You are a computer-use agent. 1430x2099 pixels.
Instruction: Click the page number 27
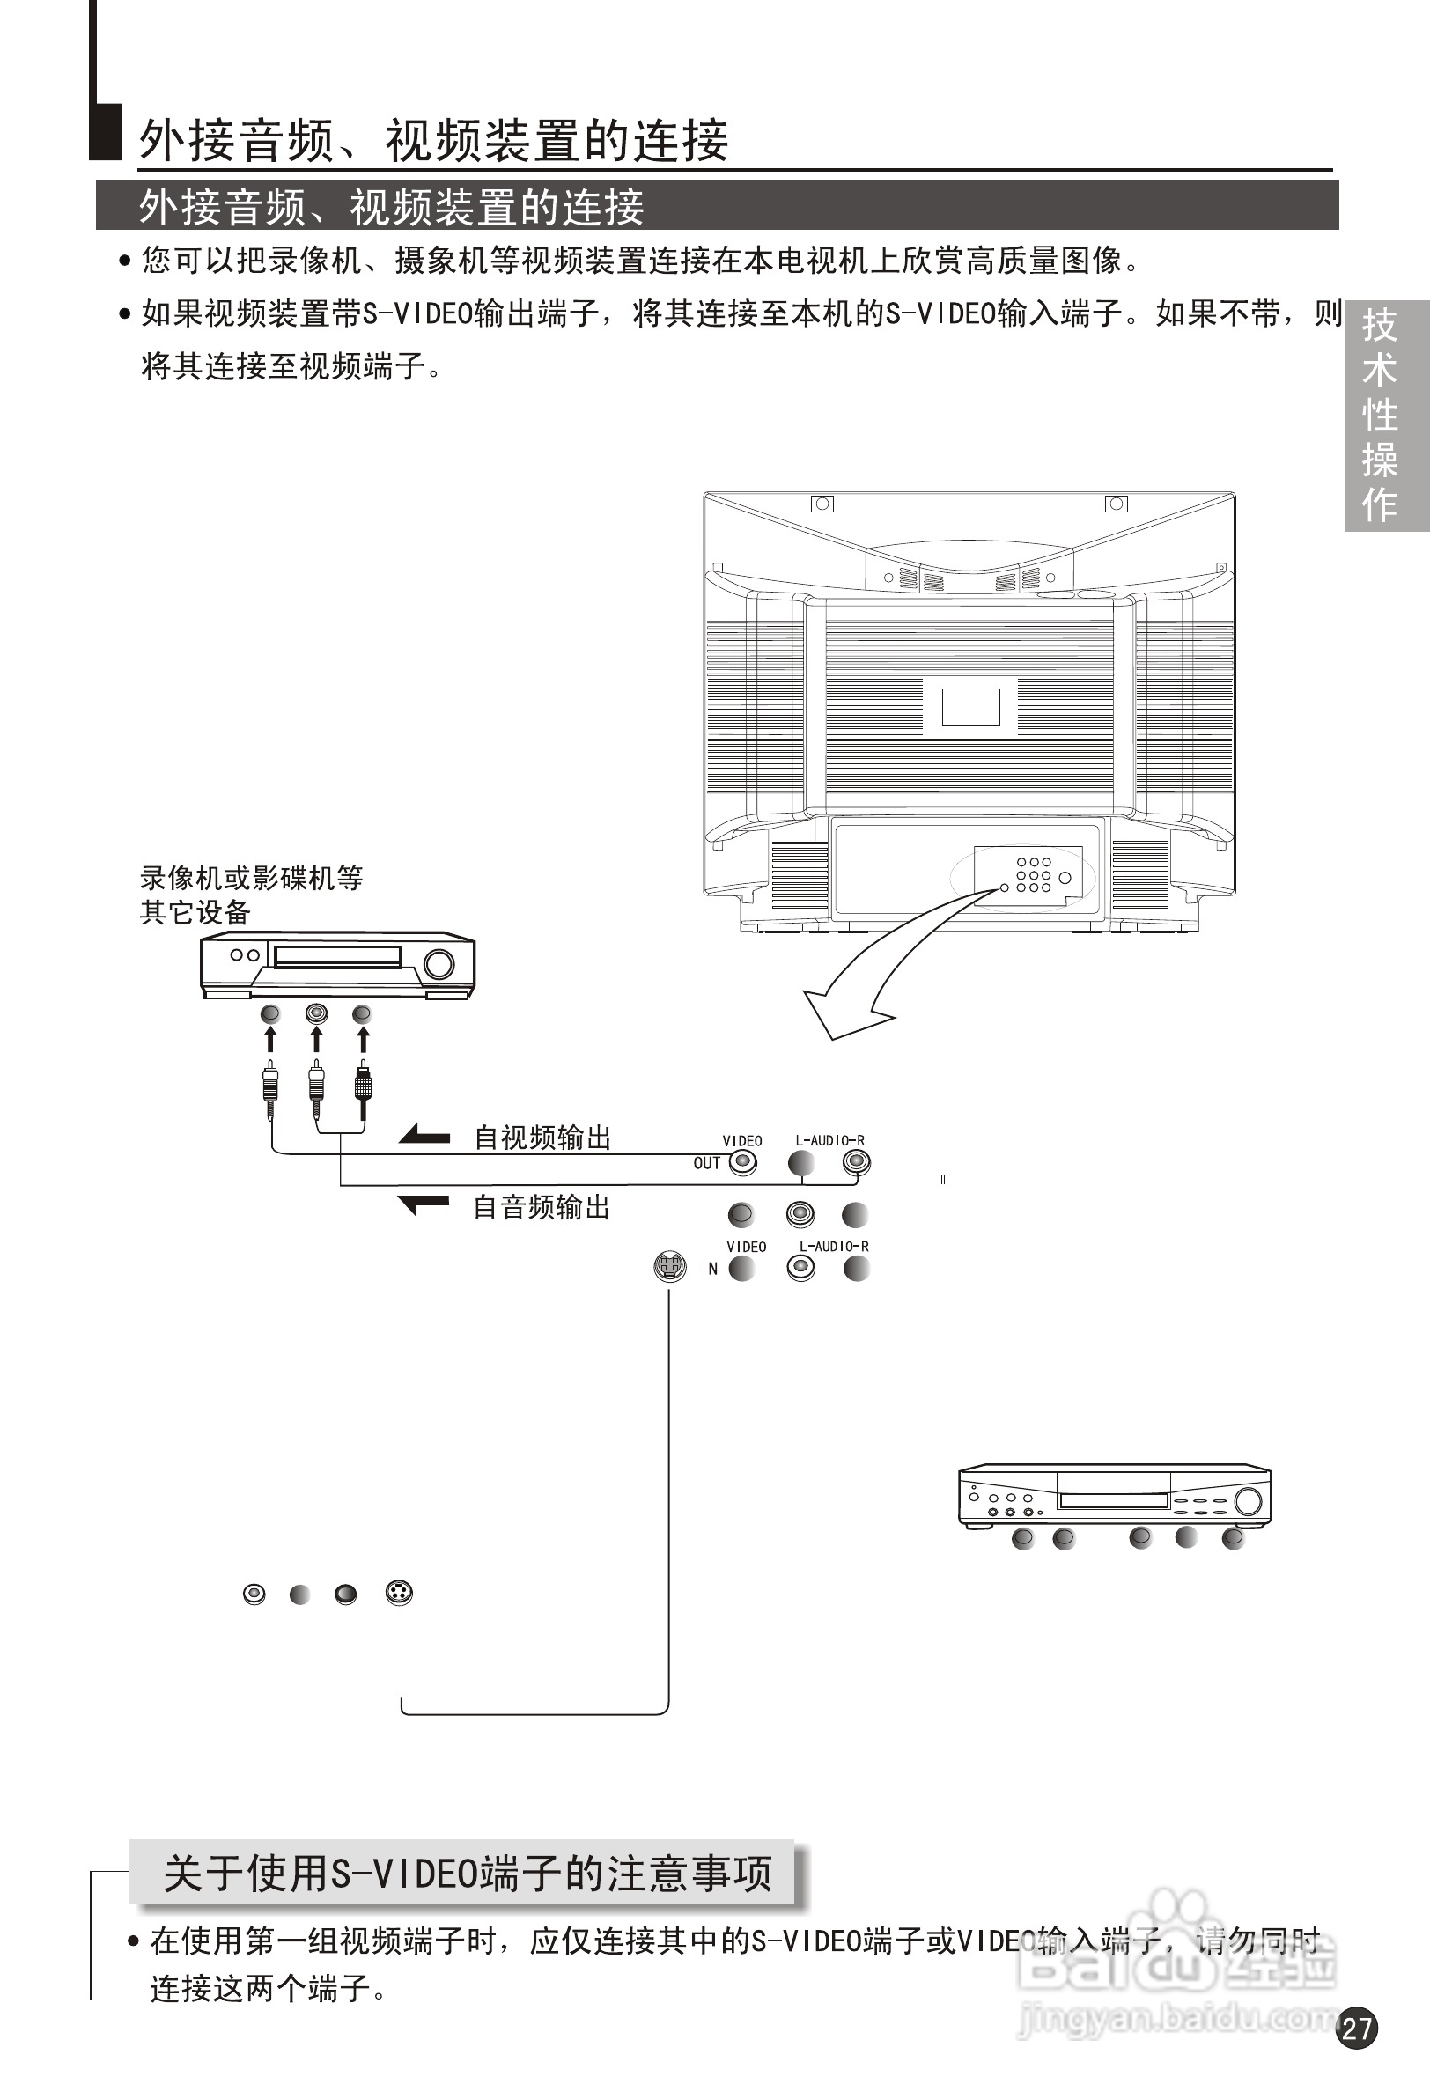(1357, 2029)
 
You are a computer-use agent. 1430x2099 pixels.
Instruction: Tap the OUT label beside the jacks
(706, 1163)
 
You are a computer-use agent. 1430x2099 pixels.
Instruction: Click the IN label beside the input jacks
(710, 1269)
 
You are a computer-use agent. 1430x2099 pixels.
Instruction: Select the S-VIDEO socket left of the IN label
(668, 1267)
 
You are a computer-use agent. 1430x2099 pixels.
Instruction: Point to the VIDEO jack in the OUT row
(742, 1163)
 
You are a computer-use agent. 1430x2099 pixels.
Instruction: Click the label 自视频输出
(543, 1138)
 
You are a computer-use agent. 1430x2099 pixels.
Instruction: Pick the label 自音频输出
(542, 1208)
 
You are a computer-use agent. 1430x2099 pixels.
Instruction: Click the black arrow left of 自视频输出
(424, 1135)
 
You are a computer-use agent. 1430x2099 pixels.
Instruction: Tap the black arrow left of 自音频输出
(424, 1204)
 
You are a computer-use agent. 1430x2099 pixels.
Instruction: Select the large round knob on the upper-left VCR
(439, 964)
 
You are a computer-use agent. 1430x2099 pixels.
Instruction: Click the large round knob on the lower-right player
(1248, 1501)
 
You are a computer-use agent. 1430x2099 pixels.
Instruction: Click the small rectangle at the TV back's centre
(970, 707)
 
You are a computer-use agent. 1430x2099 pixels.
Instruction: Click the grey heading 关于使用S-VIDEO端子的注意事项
(466, 1874)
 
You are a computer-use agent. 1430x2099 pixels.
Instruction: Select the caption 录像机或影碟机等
(251, 878)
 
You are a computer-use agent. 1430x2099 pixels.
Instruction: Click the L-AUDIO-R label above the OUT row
(829, 1141)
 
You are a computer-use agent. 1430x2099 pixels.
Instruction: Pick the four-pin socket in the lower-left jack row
(398, 1593)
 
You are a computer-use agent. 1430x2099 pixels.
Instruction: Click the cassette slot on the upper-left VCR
(337, 956)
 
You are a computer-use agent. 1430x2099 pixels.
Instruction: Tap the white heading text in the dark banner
(391, 207)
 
